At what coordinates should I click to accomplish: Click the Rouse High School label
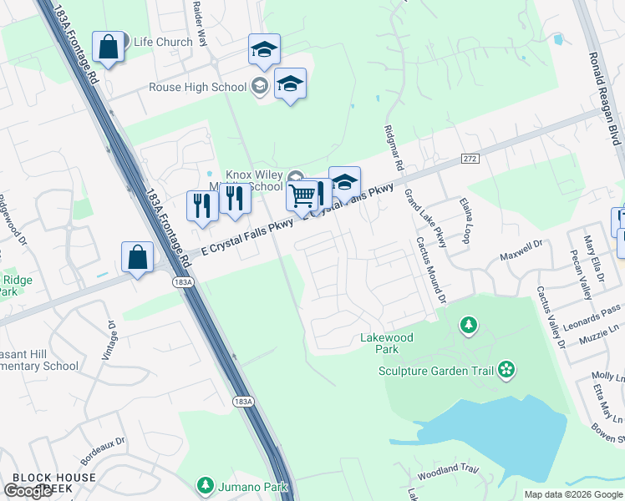(198, 87)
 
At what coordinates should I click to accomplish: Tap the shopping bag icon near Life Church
(109, 47)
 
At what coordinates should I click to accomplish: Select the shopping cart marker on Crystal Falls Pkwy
(302, 196)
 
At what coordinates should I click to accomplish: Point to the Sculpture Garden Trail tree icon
(505, 369)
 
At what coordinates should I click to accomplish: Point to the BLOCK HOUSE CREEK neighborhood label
(53, 483)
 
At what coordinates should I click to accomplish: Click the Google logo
(28, 491)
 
